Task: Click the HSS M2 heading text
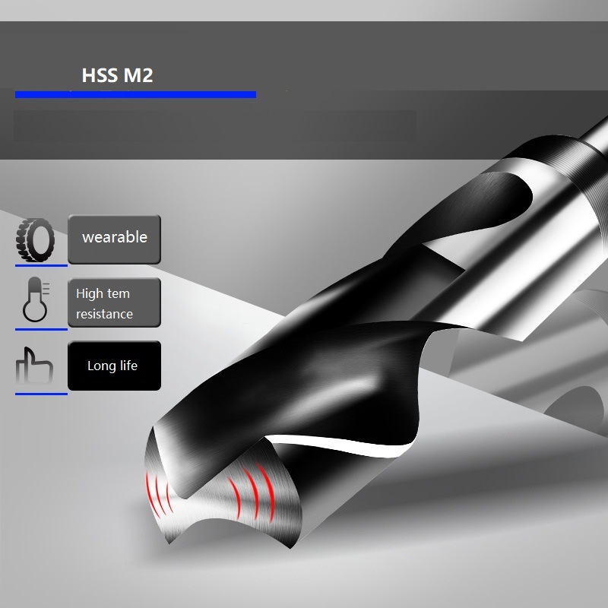point(117,76)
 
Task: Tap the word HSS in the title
point(100,76)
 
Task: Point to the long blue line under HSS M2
point(135,94)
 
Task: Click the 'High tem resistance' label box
point(114,302)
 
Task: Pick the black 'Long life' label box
point(114,366)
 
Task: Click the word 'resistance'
point(104,314)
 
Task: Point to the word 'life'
point(128,366)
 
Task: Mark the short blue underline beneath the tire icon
point(41,266)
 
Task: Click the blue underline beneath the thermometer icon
point(41,329)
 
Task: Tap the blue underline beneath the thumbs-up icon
point(41,393)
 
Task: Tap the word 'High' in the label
point(90,293)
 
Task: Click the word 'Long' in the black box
point(101,366)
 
